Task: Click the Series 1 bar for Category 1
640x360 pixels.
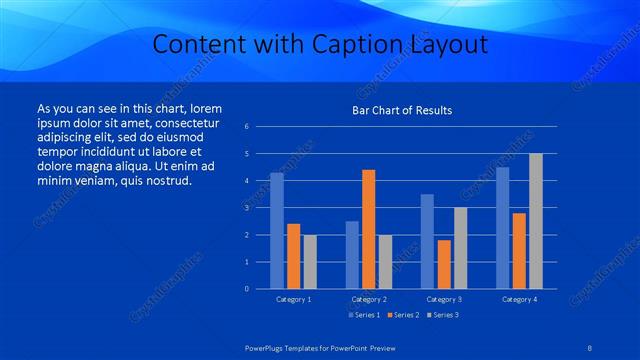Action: click(277, 231)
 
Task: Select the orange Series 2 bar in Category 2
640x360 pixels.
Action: click(369, 229)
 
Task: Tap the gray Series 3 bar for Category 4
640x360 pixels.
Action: click(535, 221)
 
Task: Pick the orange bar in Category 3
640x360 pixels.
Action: click(444, 264)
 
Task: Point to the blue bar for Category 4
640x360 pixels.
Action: click(503, 228)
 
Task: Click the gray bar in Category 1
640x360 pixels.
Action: click(310, 262)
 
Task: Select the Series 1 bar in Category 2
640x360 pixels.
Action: click(352, 255)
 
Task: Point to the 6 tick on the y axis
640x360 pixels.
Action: click(261, 127)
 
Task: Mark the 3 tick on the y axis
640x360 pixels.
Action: click(261, 208)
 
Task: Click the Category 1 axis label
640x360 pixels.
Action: click(293, 299)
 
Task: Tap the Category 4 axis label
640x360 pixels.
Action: click(519, 299)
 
